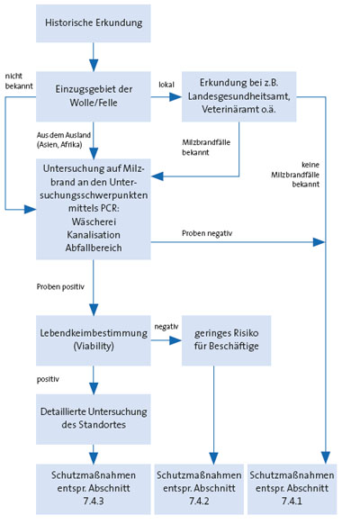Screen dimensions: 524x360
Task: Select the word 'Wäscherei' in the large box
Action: coord(92,217)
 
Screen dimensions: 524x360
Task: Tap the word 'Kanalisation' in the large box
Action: coord(92,230)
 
